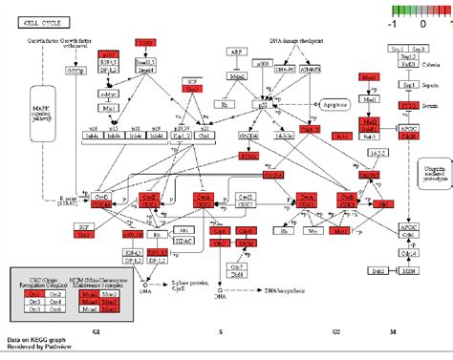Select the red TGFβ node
tap(145, 44)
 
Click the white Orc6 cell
tap(54, 304)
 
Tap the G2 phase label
tap(336, 329)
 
